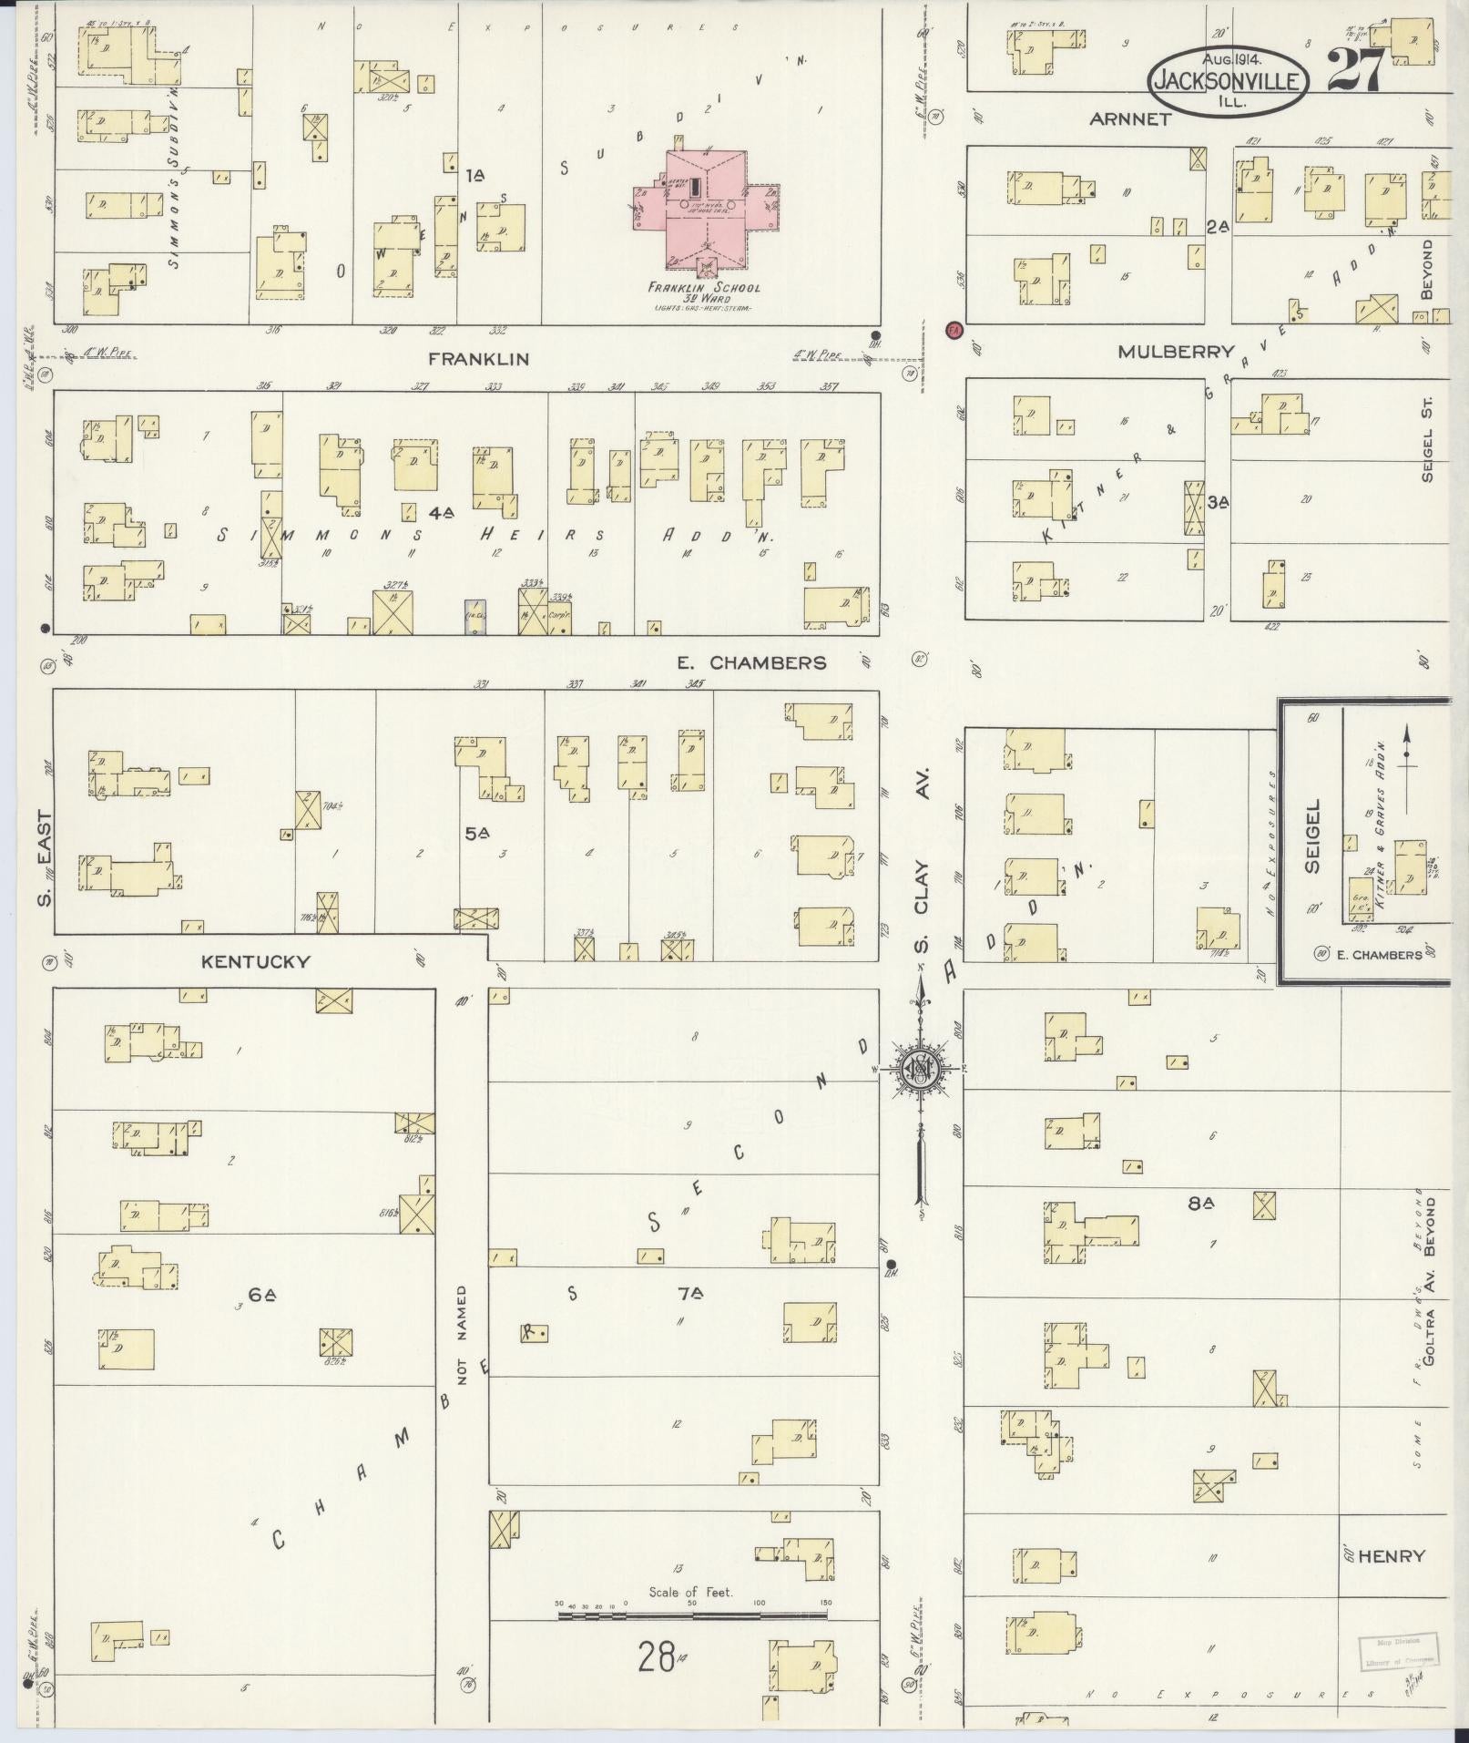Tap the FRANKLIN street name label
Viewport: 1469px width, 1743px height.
pyautogui.click(x=479, y=359)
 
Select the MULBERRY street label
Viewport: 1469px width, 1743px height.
pyautogui.click(x=1176, y=352)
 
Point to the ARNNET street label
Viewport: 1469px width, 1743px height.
pyautogui.click(x=1129, y=118)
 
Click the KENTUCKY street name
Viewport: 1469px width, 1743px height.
pyautogui.click(x=256, y=961)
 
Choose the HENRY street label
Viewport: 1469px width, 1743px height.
pyautogui.click(x=1390, y=1556)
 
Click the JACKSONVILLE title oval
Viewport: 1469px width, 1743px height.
pyautogui.click(x=1228, y=81)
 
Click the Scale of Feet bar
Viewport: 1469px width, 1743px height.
pyautogui.click(x=692, y=1615)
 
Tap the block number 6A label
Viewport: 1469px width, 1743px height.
pyautogui.click(x=262, y=1294)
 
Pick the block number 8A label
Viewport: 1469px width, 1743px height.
pyautogui.click(x=1202, y=1204)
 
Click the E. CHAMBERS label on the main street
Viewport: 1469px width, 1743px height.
pyautogui.click(x=751, y=662)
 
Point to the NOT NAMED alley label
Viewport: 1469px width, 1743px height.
pyautogui.click(x=462, y=1348)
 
